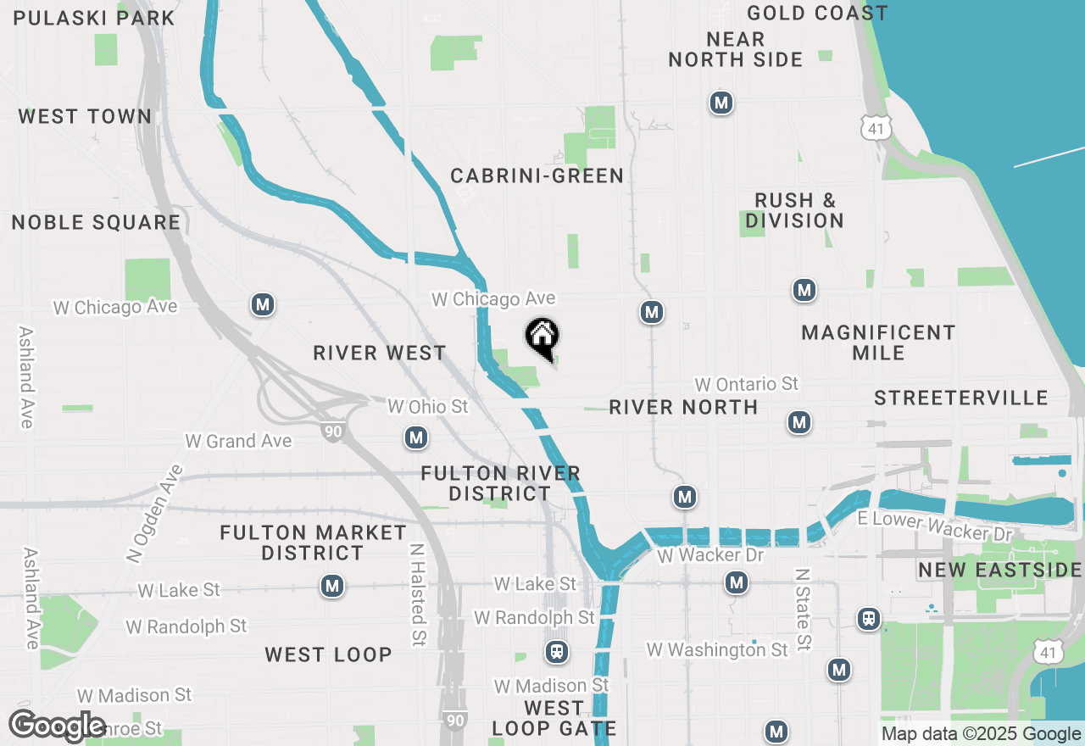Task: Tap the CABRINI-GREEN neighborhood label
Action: (x=537, y=176)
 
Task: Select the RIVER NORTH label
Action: (x=683, y=408)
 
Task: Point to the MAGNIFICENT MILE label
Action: (x=878, y=342)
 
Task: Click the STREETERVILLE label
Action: (x=961, y=398)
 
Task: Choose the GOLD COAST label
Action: (x=817, y=14)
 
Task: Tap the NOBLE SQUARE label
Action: (x=96, y=223)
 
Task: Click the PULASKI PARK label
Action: (x=94, y=18)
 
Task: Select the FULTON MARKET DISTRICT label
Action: (x=313, y=543)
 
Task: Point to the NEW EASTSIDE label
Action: (x=1000, y=571)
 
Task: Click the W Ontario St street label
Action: (x=746, y=385)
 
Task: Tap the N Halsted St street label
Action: (x=417, y=596)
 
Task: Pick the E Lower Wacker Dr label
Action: (x=935, y=526)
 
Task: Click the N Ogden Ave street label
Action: (x=154, y=514)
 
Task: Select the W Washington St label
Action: (x=717, y=650)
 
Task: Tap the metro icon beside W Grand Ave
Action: (x=415, y=438)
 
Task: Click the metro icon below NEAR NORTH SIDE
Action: (x=721, y=103)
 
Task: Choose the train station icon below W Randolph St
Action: (x=556, y=652)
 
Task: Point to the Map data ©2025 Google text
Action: (x=981, y=734)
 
